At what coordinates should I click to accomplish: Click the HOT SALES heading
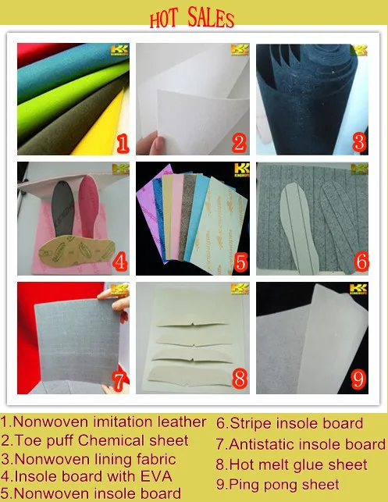tap(191, 19)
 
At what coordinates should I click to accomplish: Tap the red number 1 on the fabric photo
tap(121, 143)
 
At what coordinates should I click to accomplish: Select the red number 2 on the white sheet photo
tap(240, 143)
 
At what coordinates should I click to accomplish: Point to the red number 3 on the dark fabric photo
tap(359, 141)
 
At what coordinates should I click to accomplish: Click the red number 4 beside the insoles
tap(120, 263)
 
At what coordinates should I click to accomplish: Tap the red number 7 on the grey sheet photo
tap(119, 382)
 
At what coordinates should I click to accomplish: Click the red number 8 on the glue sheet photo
tap(240, 380)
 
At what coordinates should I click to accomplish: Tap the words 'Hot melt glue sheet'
tap(291, 465)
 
